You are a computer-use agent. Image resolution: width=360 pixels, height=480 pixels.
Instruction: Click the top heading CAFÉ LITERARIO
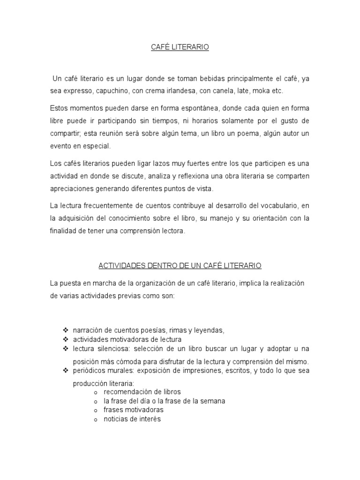click(180, 47)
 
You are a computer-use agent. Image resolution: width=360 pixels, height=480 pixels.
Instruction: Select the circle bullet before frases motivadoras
click(96, 411)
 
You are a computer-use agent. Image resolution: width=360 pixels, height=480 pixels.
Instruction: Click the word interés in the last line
click(148, 420)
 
